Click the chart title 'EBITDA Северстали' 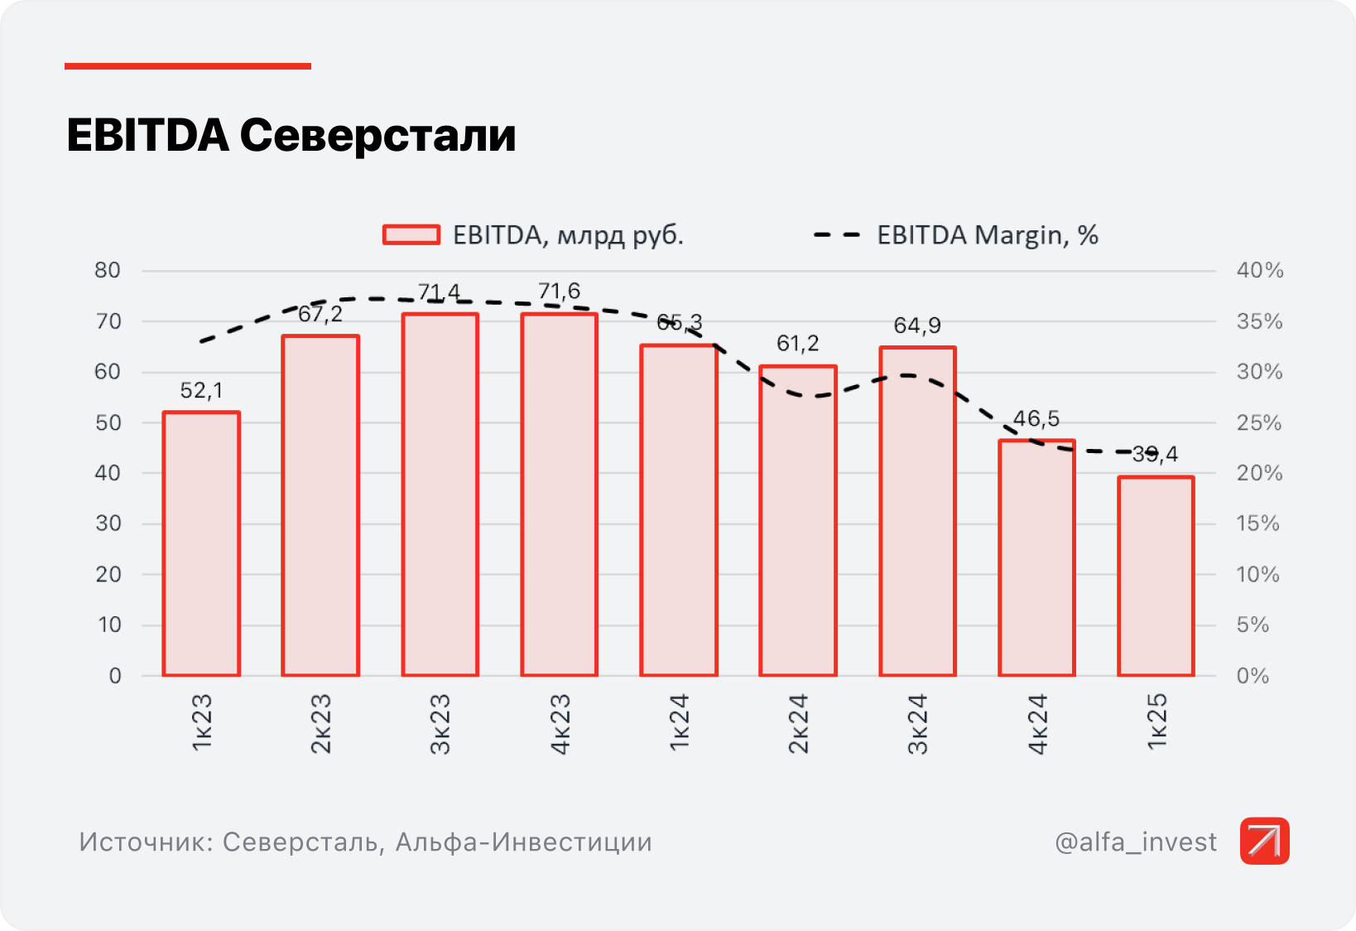tap(291, 136)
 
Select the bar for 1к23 tap(201, 543)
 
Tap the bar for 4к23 tap(560, 494)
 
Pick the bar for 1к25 tap(1156, 576)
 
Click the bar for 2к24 tap(798, 520)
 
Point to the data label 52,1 tap(201, 390)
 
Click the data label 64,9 tap(917, 326)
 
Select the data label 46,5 tap(1036, 418)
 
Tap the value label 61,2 tap(798, 343)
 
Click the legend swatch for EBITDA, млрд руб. tap(411, 235)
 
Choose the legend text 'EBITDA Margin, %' tap(988, 235)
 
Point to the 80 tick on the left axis tap(108, 270)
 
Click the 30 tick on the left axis tap(108, 523)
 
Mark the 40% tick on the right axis tap(1259, 270)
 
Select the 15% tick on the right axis tap(1257, 523)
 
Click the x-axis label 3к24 tap(917, 724)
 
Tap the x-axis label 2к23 tap(320, 724)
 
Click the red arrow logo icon tap(1264, 841)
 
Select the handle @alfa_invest tap(1136, 842)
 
